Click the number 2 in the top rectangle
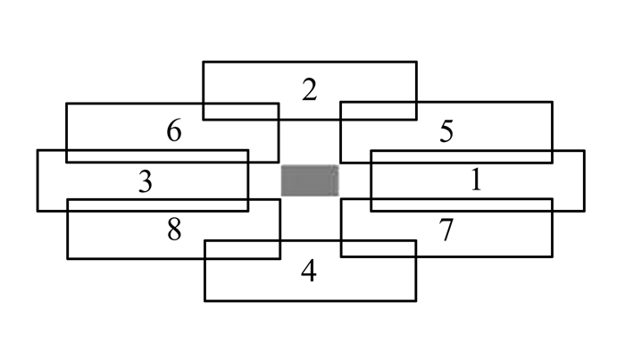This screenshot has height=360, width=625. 310,89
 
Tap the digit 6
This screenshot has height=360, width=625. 174,130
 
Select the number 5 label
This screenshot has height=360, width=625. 446,131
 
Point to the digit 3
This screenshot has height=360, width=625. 146,181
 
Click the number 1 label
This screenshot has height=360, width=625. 476,180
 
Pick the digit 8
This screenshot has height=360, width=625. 174,230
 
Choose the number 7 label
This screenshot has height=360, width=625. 446,230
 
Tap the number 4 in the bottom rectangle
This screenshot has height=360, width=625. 309,271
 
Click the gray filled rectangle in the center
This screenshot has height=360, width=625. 310,180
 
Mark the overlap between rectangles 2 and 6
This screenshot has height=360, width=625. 241,112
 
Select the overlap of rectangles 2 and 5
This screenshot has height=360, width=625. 379,111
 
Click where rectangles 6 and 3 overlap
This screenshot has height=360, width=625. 157,156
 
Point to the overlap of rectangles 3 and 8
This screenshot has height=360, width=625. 158,205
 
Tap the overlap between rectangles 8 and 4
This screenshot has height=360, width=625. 242,250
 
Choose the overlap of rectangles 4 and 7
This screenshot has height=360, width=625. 379,248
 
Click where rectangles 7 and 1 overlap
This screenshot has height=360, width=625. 462,205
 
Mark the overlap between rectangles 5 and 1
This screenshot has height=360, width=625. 462,156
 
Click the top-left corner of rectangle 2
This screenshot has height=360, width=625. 204,62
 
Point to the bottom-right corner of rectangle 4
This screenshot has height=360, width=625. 416,301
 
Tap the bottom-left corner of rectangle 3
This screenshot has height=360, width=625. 37,211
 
